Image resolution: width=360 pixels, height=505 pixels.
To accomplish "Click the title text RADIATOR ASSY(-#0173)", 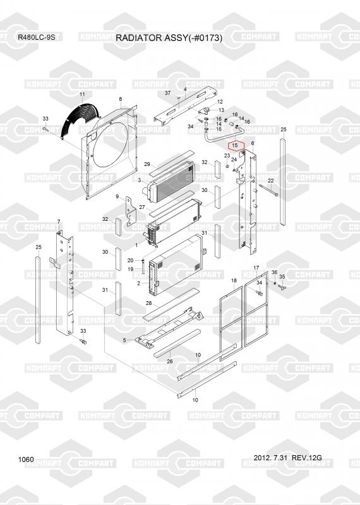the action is (x=169, y=38).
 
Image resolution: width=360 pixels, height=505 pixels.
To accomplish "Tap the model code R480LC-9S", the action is (x=37, y=37).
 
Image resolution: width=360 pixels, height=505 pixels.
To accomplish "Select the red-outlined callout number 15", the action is (x=235, y=145).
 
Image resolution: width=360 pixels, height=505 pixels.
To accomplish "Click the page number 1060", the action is (x=26, y=460).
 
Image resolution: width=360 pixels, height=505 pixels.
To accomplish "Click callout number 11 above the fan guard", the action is (x=82, y=94).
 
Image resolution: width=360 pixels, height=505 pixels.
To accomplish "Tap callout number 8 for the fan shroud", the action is (x=121, y=99).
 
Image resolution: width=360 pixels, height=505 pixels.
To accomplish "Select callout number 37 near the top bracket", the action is (x=167, y=93).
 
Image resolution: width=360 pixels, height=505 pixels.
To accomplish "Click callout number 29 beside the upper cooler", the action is (x=147, y=164).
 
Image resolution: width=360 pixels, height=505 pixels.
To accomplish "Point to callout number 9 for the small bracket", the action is (x=117, y=196).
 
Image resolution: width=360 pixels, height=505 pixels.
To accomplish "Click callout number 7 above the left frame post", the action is (x=58, y=222).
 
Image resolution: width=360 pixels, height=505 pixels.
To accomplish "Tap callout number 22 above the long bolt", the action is (x=271, y=181).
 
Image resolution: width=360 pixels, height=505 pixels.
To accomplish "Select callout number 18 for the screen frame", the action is (x=234, y=281).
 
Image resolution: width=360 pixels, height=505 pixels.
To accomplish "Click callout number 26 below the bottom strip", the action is (x=170, y=361).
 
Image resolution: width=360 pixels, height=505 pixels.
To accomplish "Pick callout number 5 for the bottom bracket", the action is (x=124, y=340).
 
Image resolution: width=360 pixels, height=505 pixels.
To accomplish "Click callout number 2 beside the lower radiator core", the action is (x=138, y=283).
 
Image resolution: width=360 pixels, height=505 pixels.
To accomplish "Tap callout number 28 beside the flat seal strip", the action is (x=148, y=303).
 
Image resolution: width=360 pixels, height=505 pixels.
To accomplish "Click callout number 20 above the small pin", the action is (x=130, y=260).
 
